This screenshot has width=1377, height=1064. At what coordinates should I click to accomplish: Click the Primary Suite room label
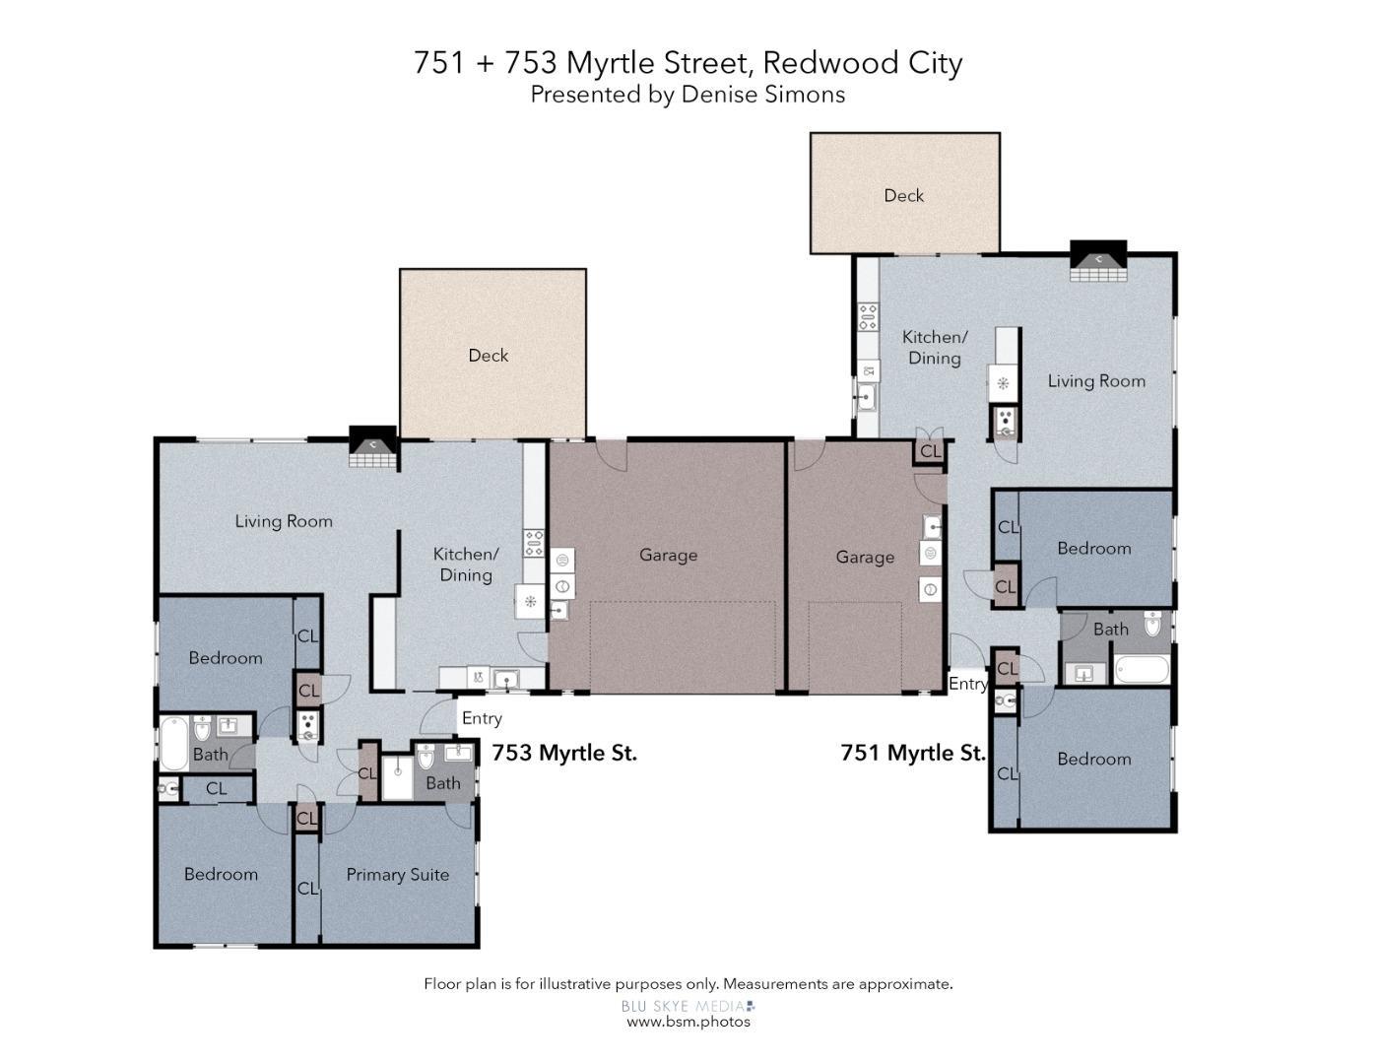(x=397, y=875)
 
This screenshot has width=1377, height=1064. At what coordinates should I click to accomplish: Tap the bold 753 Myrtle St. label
(x=564, y=753)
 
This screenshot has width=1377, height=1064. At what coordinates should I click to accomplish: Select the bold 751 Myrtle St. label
(x=912, y=753)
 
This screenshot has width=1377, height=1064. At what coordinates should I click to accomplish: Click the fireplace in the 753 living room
(x=373, y=447)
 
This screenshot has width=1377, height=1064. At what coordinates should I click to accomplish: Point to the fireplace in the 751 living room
(x=1098, y=260)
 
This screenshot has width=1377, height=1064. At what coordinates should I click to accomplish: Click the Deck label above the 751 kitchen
(x=903, y=196)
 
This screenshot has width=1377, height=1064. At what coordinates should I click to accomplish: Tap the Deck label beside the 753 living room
(x=488, y=356)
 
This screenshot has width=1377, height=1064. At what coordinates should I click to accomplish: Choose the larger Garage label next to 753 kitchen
(x=668, y=555)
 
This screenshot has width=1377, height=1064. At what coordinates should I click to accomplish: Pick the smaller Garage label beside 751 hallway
(x=865, y=557)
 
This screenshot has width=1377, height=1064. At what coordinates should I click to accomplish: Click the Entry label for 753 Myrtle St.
(x=482, y=718)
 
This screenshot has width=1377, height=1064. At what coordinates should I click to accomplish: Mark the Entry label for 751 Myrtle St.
(x=967, y=684)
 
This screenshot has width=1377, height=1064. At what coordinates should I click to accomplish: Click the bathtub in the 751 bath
(x=1142, y=670)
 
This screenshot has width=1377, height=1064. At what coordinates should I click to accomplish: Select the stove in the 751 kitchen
(x=868, y=317)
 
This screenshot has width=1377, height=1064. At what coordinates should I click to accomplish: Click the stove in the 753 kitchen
(x=534, y=544)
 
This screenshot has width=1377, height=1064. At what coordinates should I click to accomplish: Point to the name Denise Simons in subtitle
(x=763, y=95)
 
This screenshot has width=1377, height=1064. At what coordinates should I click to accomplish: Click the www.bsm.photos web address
(x=688, y=1022)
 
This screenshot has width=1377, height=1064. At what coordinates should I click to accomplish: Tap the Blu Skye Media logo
(x=688, y=1006)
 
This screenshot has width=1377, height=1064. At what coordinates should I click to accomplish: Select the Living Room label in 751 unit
(x=1096, y=381)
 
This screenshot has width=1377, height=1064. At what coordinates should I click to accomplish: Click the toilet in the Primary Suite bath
(x=426, y=757)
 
